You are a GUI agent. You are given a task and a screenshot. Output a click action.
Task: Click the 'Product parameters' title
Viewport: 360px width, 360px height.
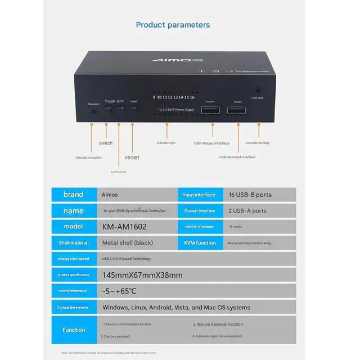tap(173, 25)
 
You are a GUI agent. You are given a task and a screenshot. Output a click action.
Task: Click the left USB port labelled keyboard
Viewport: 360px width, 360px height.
tap(209, 109)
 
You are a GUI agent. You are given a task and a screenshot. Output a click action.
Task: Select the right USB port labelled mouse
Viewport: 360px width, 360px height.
tap(232, 109)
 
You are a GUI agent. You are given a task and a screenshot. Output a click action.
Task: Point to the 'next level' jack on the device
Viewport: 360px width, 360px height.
tap(258, 90)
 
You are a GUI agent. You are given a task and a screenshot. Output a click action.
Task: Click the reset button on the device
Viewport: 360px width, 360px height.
tap(133, 108)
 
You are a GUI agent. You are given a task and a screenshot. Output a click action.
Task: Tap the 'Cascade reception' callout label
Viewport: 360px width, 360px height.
tap(88, 157)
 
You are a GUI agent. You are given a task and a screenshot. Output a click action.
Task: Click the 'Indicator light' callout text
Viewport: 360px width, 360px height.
tap(166, 143)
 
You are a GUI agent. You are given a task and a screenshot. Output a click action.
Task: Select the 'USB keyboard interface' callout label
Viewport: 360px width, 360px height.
tap(237, 157)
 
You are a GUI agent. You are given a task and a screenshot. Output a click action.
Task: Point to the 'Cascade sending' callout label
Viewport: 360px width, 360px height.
tap(257, 143)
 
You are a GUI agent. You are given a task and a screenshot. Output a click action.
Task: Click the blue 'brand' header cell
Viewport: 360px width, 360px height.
tap(73, 195)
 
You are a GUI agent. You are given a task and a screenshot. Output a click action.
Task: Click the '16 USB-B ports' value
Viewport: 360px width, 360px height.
tap(250, 195)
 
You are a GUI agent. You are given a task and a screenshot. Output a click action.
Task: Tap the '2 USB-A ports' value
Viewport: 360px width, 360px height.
tap(247, 211)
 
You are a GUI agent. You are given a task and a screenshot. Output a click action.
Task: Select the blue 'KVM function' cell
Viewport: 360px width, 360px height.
tap(200, 243)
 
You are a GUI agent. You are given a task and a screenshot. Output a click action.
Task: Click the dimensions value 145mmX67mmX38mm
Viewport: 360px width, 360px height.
tap(142, 275)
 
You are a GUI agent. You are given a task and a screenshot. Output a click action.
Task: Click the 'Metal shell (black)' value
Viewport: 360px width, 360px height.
tap(128, 243)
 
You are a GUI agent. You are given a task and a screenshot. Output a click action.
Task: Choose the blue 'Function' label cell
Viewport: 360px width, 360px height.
tap(73, 330)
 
